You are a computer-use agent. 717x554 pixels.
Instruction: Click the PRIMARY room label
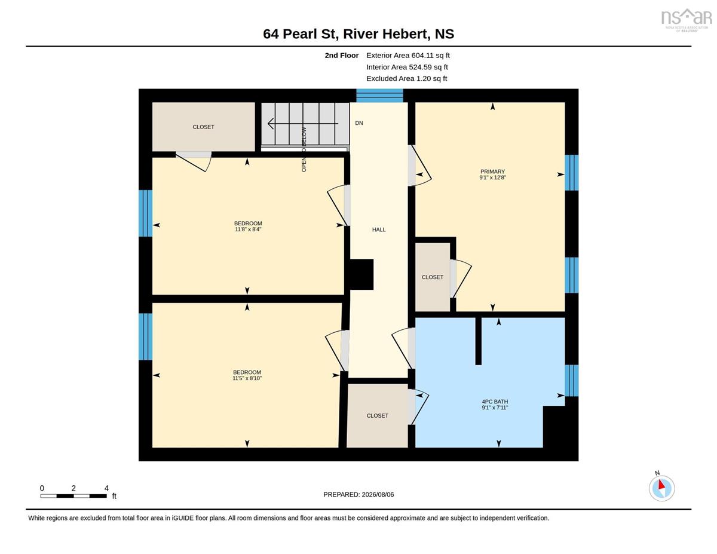(x=492, y=172)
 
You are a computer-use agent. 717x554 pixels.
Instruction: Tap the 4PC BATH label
(x=495, y=402)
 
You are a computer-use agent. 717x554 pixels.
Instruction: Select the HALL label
(x=379, y=229)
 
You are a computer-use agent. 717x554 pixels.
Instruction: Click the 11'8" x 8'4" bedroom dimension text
(x=248, y=229)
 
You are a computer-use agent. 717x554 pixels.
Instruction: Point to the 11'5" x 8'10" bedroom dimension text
(x=247, y=378)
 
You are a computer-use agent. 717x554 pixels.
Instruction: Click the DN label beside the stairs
(x=359, y=123)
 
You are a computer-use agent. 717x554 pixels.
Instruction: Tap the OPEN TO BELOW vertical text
(x=304, y=149)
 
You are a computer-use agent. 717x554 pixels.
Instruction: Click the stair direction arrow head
(x=271, y=124)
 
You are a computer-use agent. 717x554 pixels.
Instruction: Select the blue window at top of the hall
(x=379, y=96)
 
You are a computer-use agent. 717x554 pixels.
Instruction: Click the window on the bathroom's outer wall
(x=571, y=381)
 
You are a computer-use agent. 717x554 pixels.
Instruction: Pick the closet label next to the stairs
(x=203, y=127)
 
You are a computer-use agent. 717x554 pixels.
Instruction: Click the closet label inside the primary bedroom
(x=432, y=277)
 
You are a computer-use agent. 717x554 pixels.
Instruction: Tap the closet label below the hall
(x=377, y=416)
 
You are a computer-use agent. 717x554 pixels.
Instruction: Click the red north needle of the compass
(x=661, y=484)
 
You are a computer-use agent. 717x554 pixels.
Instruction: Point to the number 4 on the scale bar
(x=106, y=488)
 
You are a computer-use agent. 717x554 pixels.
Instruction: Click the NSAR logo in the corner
(x=687, y=20)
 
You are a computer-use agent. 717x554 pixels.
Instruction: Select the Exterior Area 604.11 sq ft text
(x=408, y=56)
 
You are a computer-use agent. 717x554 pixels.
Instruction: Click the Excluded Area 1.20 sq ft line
(x=406, y=78)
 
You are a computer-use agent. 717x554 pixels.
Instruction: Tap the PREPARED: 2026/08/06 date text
(x=358, y=494)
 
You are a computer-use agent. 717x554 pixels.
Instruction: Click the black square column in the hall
(x=361, y=274)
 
